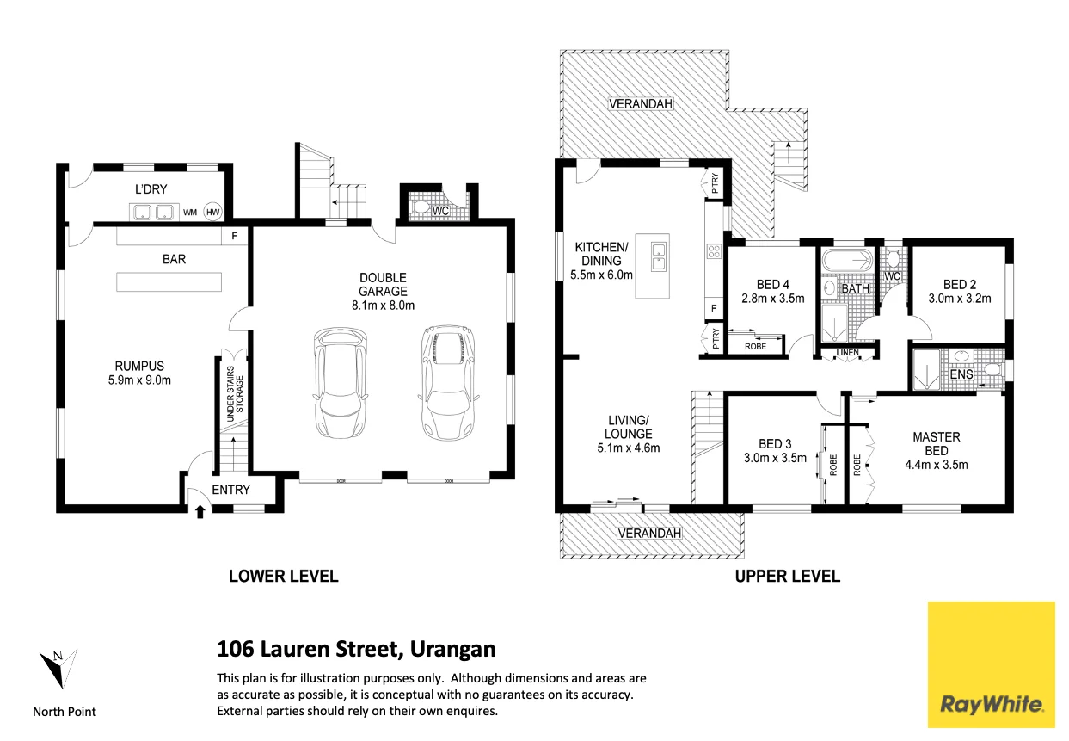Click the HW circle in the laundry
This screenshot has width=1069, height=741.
(x=212, y=212)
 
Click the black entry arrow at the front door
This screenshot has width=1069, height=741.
(x=200, y=512)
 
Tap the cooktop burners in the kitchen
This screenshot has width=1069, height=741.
(x=714, y=251)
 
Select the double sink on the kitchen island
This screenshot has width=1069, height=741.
(x=657, y=256)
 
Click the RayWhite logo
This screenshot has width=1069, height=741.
(x=992, y=664)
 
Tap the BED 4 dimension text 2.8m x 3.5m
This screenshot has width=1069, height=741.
(x=773, y=299)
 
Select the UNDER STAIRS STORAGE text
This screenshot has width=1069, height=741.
(x=235, y=397)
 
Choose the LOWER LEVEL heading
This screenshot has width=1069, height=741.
(x=283, y=577)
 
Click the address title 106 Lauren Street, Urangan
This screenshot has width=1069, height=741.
(x=356, y=648)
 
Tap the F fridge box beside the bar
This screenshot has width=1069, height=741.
(x=234, y=235)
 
